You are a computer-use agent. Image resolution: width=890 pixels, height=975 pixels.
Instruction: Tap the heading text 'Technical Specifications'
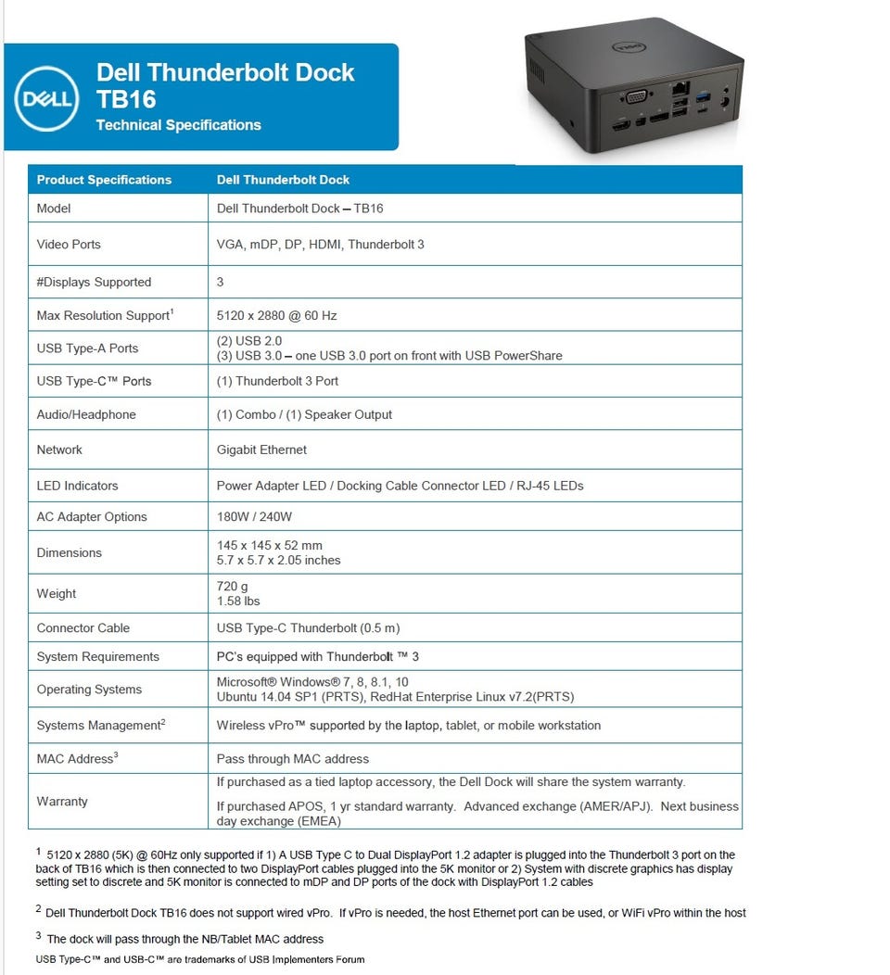[178, 125]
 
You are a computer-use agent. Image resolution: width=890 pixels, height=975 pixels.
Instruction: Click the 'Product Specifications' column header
[104, 180]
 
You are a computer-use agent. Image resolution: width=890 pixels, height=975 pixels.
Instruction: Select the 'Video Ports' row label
[69, 245]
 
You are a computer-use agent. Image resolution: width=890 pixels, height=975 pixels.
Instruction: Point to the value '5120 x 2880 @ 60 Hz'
[276, 315]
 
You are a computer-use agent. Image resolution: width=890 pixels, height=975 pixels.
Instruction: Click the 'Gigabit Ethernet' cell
[261, 450]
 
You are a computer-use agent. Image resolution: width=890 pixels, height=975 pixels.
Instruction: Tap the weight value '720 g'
[233, 586]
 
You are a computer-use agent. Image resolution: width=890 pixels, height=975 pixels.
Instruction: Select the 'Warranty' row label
[62, 801]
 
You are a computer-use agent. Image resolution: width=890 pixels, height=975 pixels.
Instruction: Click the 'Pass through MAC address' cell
[292, 759]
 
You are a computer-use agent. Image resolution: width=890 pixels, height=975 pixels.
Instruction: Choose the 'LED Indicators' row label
[77, 486]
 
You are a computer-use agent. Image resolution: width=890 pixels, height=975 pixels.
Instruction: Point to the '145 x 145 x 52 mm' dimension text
[269, 545]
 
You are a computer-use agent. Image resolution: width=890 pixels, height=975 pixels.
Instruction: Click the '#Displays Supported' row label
[94, 282]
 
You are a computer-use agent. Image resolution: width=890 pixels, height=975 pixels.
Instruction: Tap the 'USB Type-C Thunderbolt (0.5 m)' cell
[308, 627]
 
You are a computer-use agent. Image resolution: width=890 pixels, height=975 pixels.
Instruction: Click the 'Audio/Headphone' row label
[86, 414]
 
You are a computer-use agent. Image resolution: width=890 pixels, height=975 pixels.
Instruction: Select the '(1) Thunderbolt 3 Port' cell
[277, 381]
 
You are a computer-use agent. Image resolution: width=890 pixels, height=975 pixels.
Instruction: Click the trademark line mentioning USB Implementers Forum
[200, 959]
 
